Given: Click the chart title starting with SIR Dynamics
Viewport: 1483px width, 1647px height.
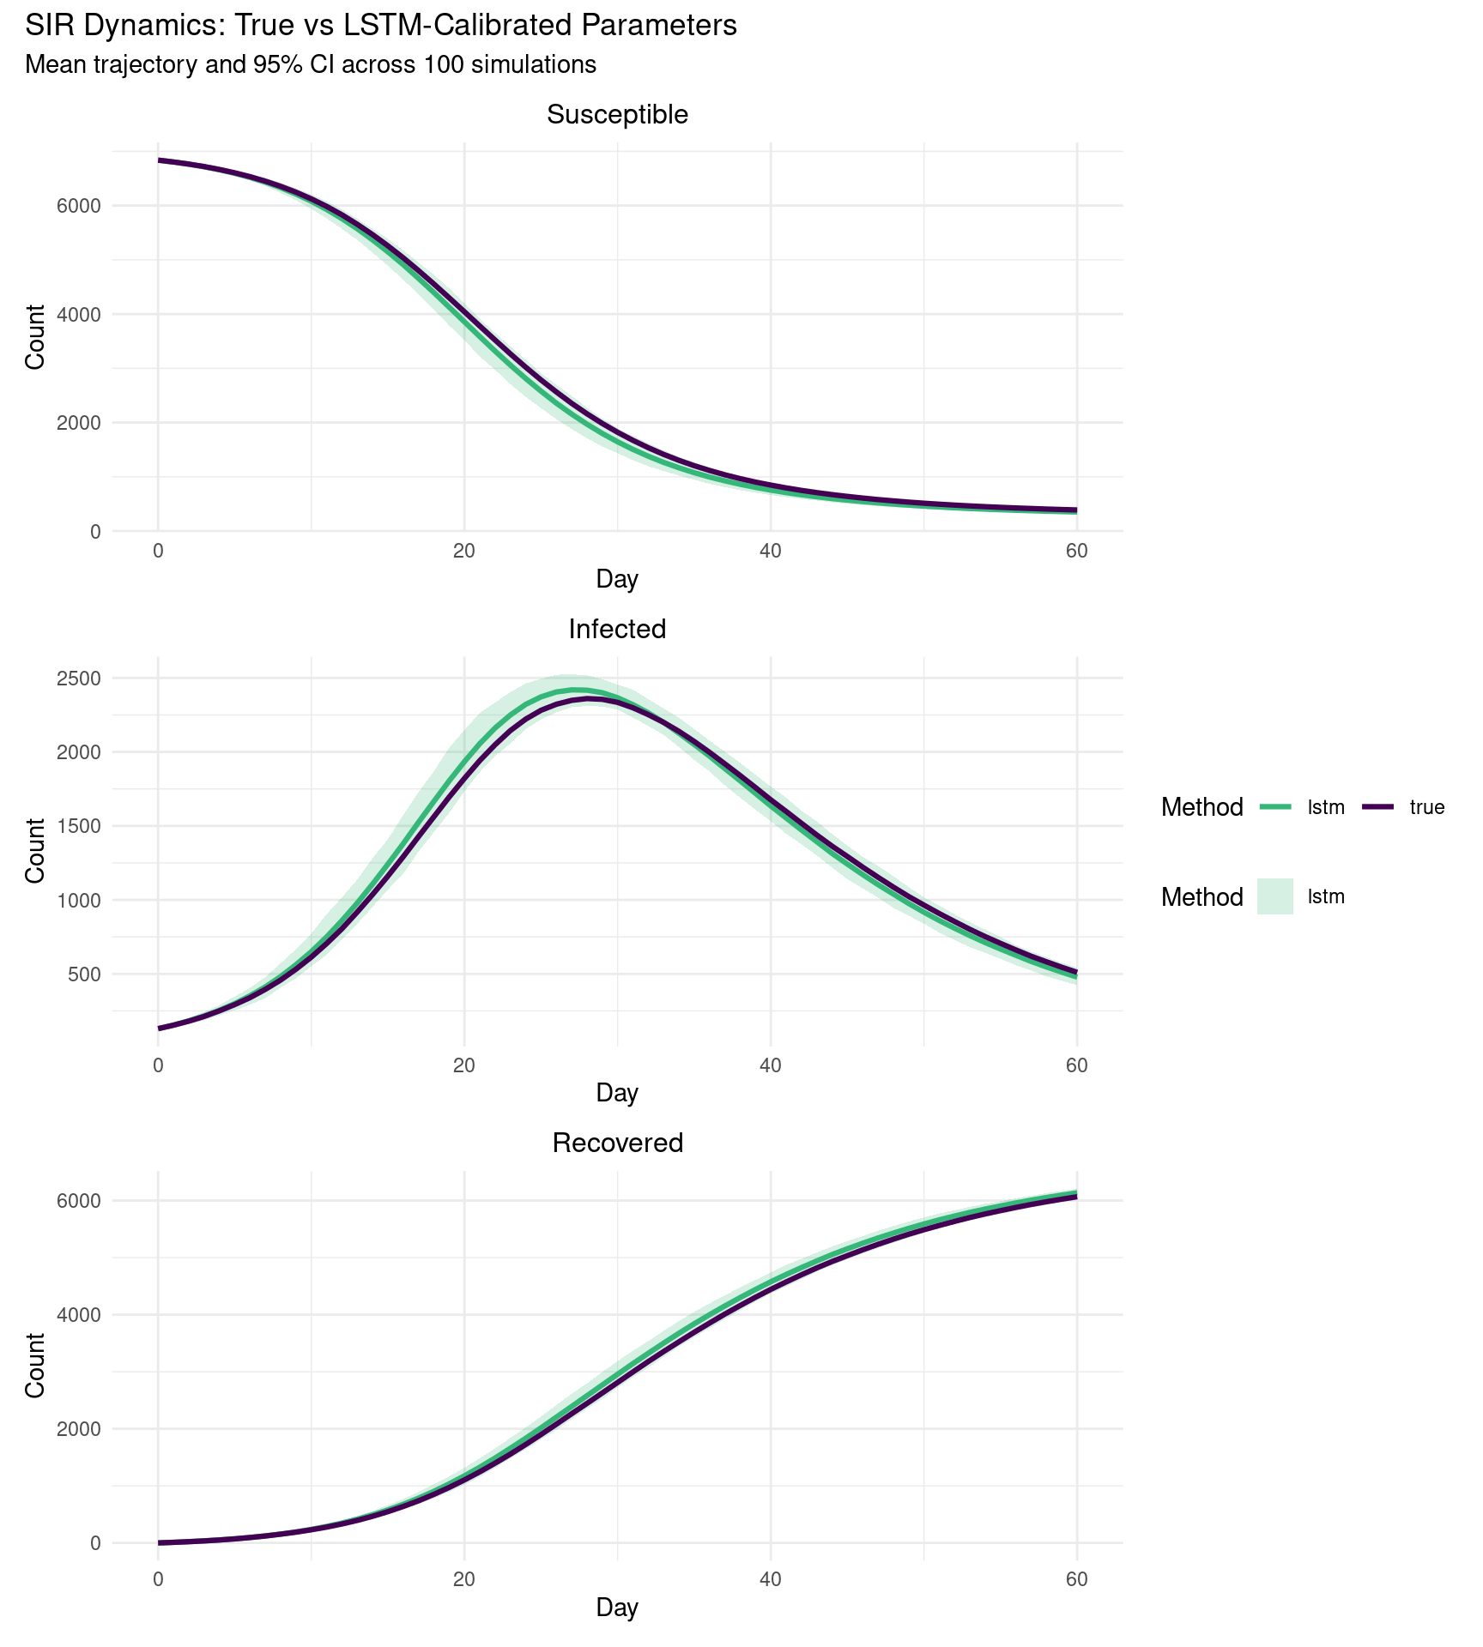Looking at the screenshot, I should pyautogui.click(x=380, y=26).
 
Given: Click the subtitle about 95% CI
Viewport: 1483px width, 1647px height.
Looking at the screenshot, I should pyautogui.click(x=311, y=65).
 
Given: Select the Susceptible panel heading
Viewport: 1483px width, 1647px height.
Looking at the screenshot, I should pyautogui.click(x=617, y=115).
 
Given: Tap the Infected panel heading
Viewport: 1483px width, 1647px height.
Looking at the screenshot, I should pyautogui.click(x=617, y=630).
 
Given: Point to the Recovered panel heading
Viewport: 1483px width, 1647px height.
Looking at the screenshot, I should pyautogui.click(x=617, y=1143).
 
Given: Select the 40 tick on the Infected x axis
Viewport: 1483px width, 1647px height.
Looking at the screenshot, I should pyautogui.click(x=771, y=1066).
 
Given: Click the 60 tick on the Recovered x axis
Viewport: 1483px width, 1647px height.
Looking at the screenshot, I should pyautogui.click(x=1076, y=1580).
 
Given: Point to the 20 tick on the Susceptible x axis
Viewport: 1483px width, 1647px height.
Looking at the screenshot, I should pyautogui.click(x=464, y=552).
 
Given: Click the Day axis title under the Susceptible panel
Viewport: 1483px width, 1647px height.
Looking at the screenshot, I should pyautogui.click(x=617, y=580).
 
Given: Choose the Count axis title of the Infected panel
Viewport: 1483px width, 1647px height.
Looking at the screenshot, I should pyautogui.click(x=35, y=851).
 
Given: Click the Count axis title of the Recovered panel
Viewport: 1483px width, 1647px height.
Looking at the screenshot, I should pyautogui.click(x=35, y=1365).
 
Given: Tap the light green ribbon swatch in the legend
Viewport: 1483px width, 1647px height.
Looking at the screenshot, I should pyautogui.click(x=1275, y=897).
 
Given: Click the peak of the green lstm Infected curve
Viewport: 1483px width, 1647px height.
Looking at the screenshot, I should pyautogui.click(x=575, y=690).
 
